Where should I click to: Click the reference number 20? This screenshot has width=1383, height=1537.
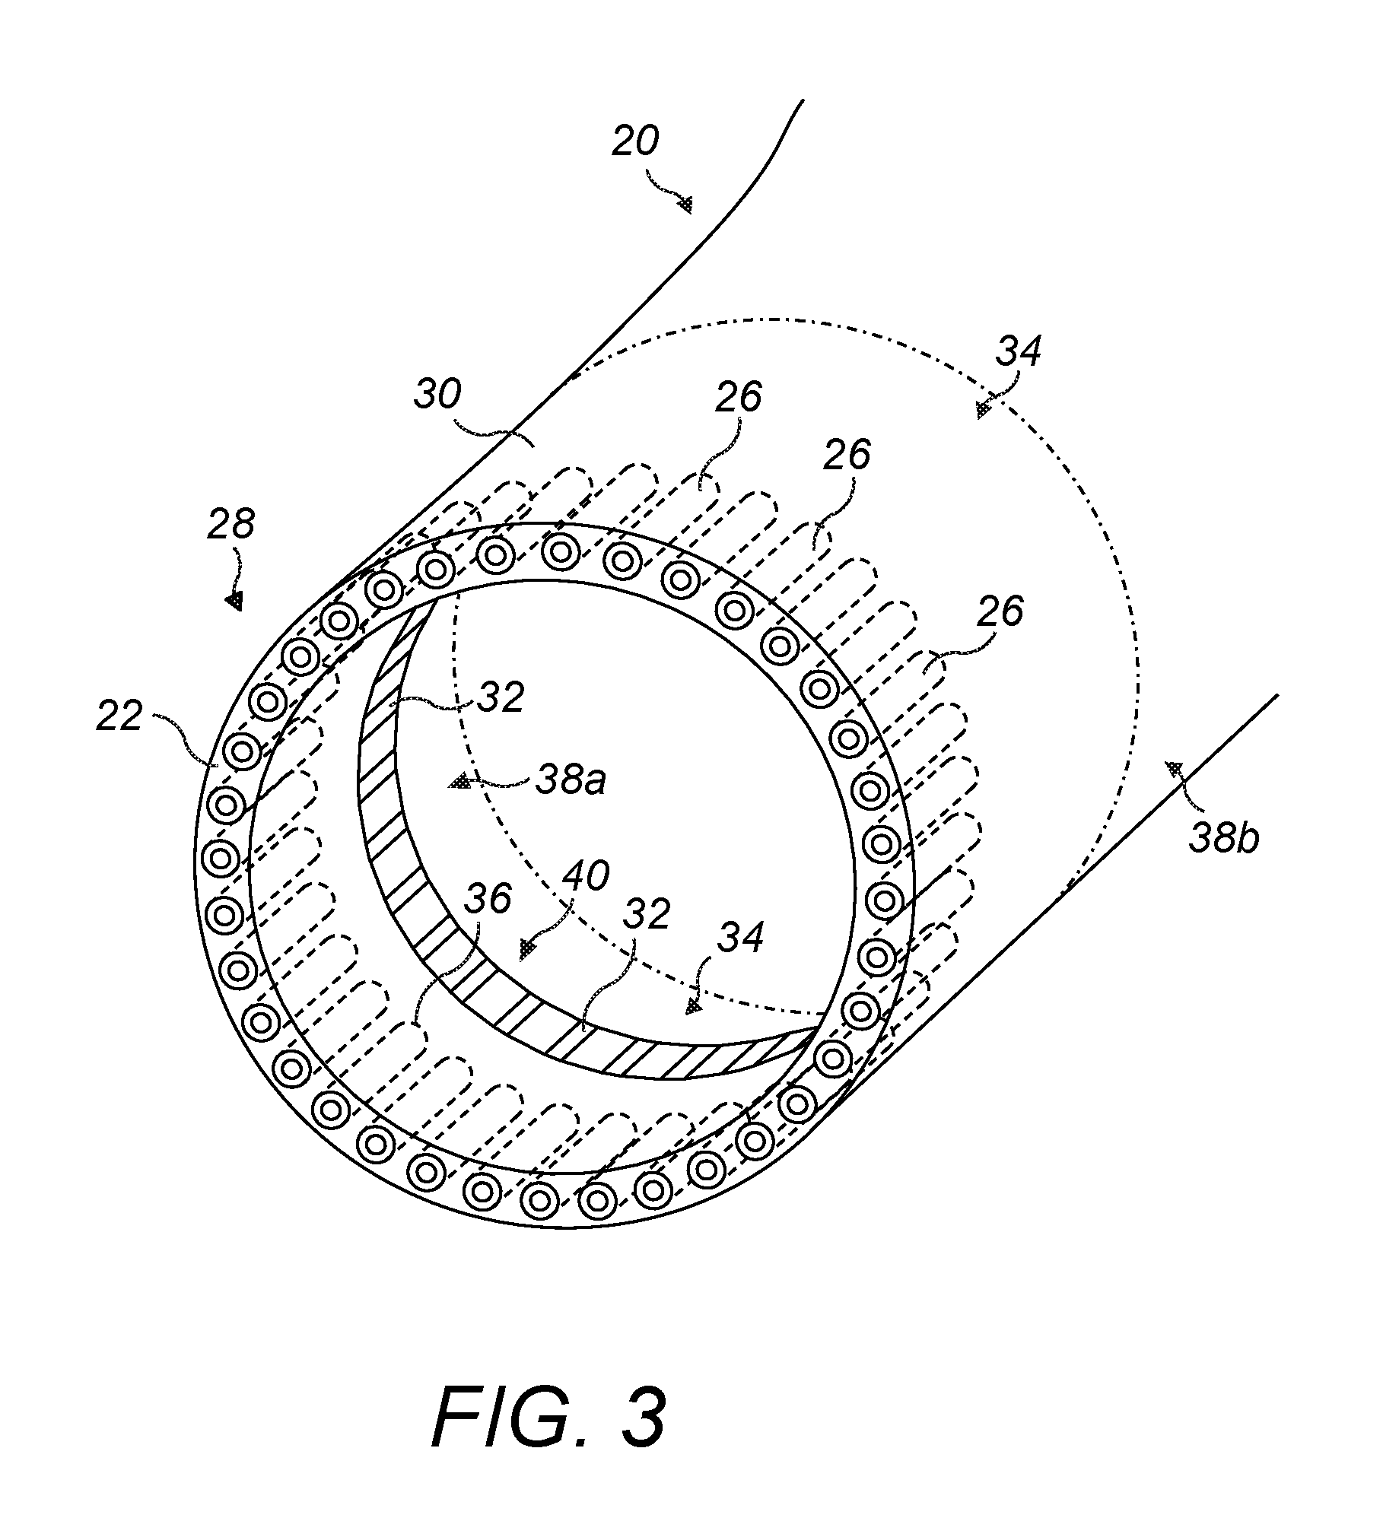pos(636,142)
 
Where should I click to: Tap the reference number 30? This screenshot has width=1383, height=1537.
pos(438,395)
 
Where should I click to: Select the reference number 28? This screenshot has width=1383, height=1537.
pos(232,525)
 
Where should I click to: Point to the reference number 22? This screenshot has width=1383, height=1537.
pos(120,716)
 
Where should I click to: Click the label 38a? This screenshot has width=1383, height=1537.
pos(571,780)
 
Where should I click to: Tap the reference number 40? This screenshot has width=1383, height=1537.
pos(586,876)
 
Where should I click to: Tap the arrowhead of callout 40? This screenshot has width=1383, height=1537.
pos(526,948)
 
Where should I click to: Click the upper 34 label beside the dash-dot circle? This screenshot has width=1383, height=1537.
pos(1018,352)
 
